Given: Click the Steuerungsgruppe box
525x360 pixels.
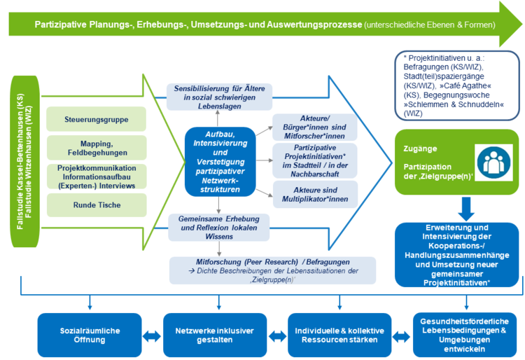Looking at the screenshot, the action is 97,119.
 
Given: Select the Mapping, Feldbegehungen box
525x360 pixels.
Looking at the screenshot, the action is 97,148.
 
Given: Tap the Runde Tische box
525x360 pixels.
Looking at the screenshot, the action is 97,205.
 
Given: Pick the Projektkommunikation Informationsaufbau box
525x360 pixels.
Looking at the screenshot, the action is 97,176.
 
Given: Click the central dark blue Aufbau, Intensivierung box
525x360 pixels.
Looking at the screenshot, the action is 220,162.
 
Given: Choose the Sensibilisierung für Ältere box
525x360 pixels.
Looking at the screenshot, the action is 219,97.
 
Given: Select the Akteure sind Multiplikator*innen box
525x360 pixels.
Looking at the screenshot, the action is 315,195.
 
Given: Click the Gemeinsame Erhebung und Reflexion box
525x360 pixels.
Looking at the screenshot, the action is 218,228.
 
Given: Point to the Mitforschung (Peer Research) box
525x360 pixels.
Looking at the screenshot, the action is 272,270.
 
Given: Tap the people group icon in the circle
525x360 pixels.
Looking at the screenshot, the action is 493,162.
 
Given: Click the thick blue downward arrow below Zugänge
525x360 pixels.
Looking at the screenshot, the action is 466,209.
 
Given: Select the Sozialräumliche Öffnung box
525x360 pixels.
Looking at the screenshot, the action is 90,335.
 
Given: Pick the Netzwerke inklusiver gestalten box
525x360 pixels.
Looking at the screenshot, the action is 215,335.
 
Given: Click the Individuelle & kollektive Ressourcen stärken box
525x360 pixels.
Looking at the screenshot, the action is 339,335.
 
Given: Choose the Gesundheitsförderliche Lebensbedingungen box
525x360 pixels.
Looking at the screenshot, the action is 464,335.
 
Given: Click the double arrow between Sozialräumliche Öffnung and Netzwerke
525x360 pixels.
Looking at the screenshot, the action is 152,336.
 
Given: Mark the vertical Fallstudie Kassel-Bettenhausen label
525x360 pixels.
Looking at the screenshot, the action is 20,162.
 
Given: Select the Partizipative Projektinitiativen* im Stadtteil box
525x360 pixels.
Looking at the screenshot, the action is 315,161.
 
